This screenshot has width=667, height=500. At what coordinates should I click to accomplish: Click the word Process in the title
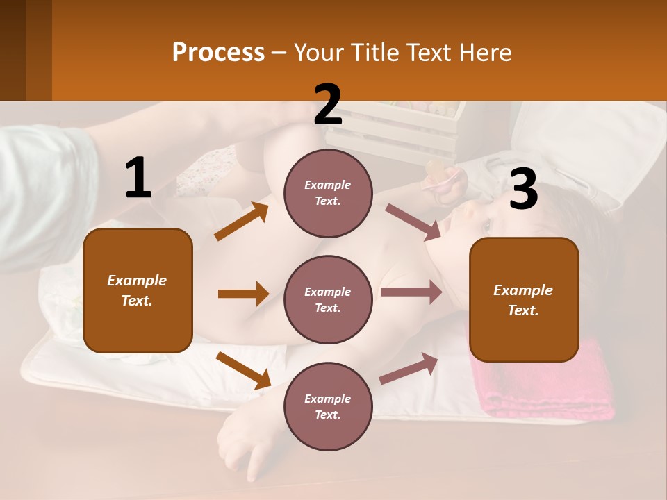pos(218,53)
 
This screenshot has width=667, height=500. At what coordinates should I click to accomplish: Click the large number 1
pos(138,178)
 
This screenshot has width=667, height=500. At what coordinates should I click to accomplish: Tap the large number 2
pos(328,105)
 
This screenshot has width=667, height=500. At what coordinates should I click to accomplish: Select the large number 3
pos(523,189)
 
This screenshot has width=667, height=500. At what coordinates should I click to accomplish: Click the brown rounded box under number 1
pos(138,290)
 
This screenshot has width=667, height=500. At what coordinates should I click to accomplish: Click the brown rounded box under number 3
pos(524,300)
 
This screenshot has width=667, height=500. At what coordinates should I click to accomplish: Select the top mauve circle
pos(328,192)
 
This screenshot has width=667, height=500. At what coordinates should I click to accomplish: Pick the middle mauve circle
pos(328,299)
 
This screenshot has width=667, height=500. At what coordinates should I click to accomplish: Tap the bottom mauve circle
pos(328,406)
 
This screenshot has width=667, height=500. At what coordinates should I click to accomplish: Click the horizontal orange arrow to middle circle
pos(242,294)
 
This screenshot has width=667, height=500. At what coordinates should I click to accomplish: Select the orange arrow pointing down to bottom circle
pos(243,370)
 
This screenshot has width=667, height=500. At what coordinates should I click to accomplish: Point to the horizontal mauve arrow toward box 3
pos(411,292)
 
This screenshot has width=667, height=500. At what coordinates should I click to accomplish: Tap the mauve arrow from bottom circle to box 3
pos(409,369)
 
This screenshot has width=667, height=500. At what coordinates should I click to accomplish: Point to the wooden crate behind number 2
pos(410,132)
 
